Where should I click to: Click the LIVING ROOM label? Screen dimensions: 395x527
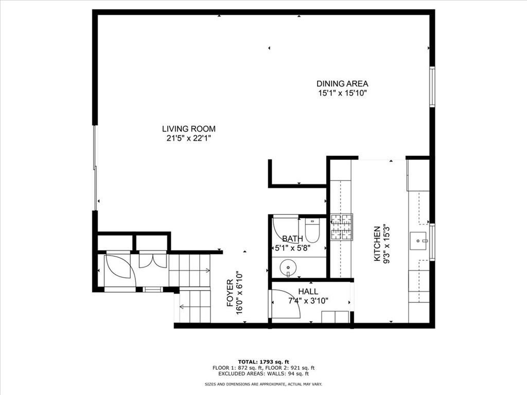(189, 129)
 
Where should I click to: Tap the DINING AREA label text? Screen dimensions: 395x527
(342, 84)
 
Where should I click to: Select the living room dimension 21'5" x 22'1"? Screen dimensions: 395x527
(189, 138)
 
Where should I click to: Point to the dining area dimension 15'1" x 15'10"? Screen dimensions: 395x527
(342, 93)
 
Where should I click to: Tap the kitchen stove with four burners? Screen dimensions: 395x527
(342, 227)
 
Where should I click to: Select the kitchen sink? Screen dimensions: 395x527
(418, 240)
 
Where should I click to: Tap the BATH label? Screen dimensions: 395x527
(292, 239)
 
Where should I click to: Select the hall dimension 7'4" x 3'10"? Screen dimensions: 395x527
(308, 301)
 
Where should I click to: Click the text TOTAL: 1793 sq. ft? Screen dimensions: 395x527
(263, 361)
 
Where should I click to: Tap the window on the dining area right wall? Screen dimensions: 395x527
(433, 87)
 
